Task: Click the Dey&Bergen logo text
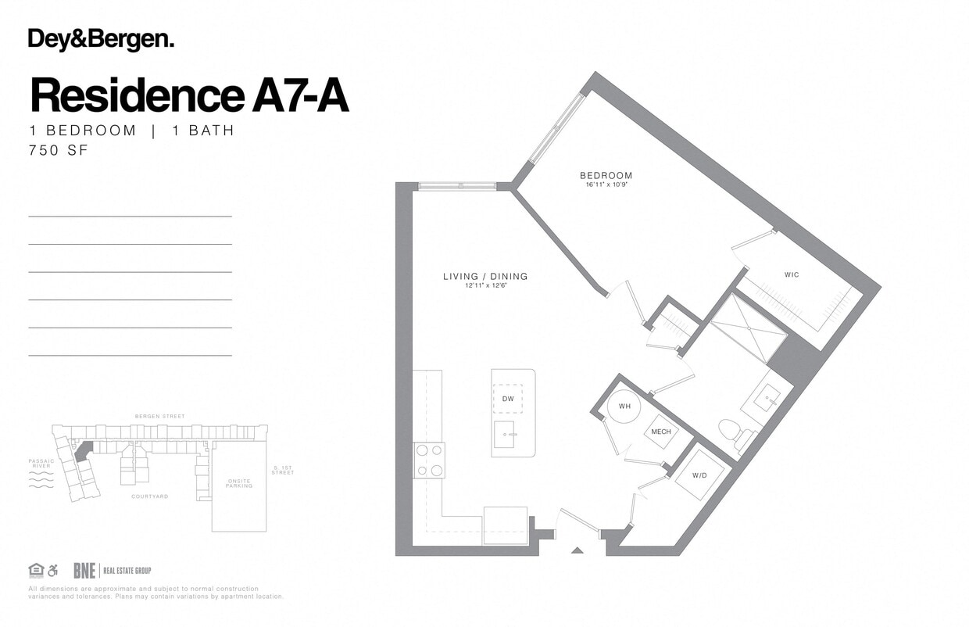(x=101, y=39)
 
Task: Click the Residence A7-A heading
(x=189, y=95)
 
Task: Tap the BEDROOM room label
(x=606, y=175)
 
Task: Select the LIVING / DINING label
(x=485, y=276)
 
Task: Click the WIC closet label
(x=792, y=275)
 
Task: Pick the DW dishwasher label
(x=508, y=399)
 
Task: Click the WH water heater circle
(x=624, y=407)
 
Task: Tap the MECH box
(x=661, y=432)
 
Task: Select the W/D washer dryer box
(x=699, y=475)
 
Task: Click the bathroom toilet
(x=731, y=430)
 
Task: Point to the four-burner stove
(x=429, y=460)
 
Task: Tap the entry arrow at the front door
(x=577, y=550)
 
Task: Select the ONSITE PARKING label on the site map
(x=239, y=483)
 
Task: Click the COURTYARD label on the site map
(x=149, y=496)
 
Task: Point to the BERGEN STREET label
(x=160, y=417)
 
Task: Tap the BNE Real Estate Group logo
(x=112, y=571)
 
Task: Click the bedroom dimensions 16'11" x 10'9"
(x=606, y=185)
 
